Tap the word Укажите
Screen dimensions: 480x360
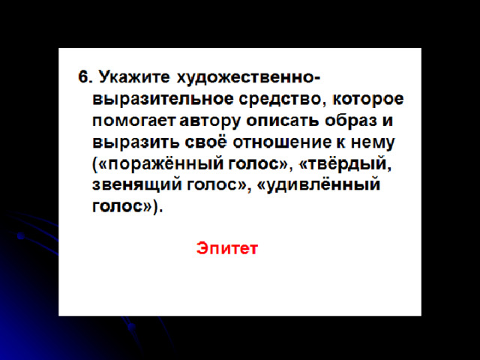134,76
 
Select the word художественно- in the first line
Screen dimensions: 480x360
248,77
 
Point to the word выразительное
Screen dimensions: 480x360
163,99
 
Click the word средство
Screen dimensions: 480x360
282,99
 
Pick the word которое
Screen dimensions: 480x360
367,99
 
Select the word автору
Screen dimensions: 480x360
210,121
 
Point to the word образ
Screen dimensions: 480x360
351,120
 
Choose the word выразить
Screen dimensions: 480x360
136,142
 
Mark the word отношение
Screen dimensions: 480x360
282,142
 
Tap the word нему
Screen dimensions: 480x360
373,142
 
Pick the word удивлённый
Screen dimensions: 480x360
323,184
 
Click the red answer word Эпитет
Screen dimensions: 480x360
227,248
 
